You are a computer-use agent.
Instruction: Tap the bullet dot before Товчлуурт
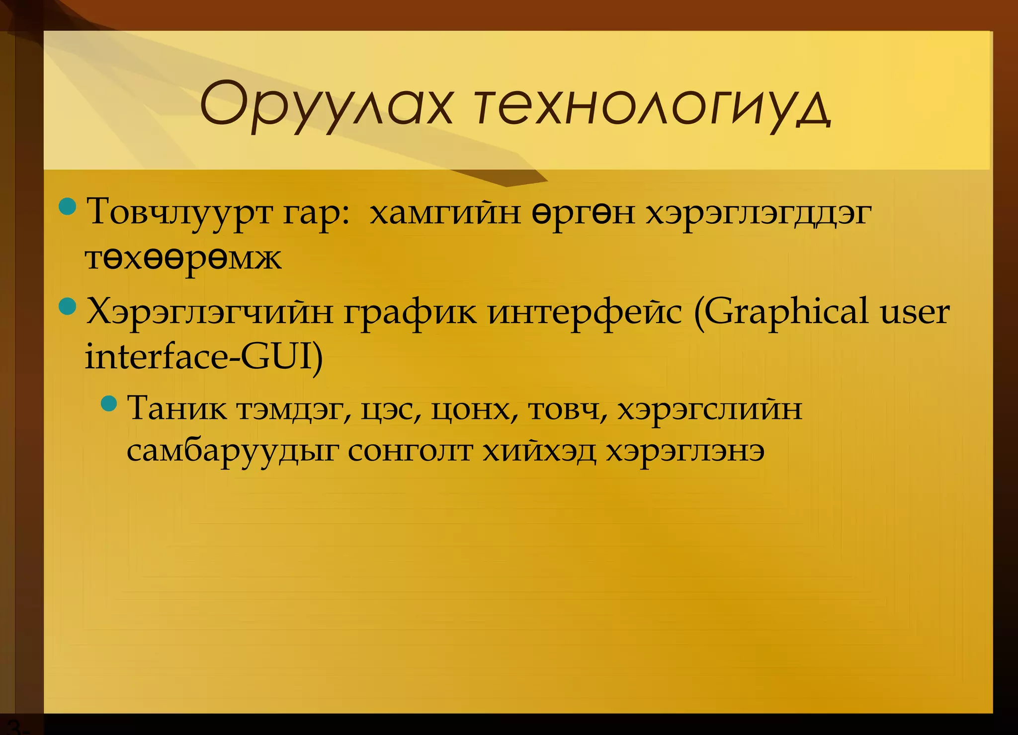[67, 206]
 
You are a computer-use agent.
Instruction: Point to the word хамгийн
[445, 212]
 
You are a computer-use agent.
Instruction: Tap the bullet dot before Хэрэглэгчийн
[67, 306]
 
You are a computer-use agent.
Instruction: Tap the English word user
[915, 312]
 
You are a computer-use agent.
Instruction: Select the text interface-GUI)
[204, 357]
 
